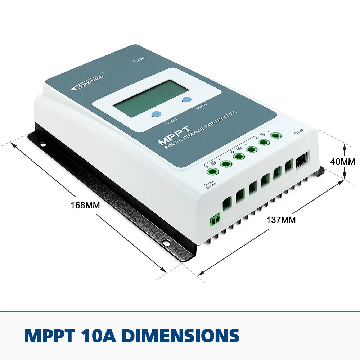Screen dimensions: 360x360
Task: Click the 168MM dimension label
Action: coord(85,206)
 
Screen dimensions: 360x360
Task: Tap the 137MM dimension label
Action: coord(281,220)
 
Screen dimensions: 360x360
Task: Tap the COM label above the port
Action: coord(299,132)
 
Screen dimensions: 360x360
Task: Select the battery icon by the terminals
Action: coord(239,148)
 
